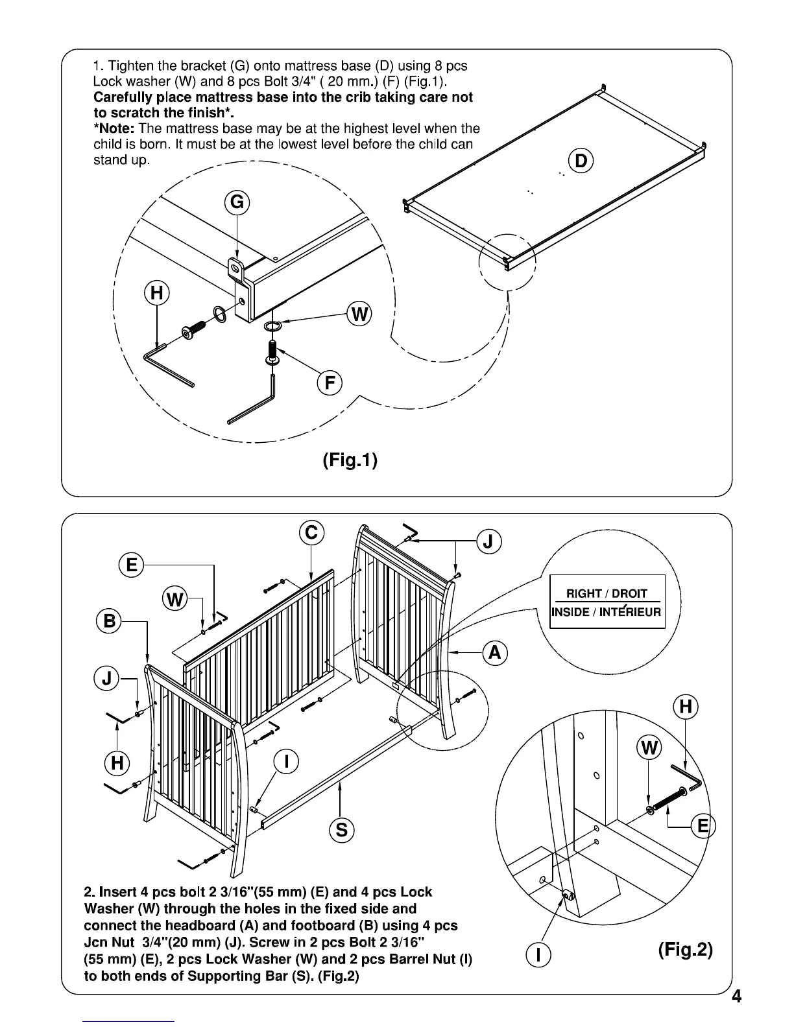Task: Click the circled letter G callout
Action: [237, 203]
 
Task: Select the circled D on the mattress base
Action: [581, 161]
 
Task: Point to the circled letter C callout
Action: [311, 533]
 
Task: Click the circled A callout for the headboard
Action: [494, 652]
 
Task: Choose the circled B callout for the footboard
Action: [109, 622]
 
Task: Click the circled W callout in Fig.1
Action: [359, 315]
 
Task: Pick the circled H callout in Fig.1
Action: [156, 294]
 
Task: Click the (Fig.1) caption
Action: [350, 460]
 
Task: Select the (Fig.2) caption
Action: [685, 950]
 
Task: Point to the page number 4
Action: [736, 1015]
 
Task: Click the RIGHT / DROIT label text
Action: [607, 593]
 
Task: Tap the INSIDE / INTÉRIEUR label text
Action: [607, 612]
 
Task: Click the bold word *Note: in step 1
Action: [114, 128]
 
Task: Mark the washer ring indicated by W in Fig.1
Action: [273, 324]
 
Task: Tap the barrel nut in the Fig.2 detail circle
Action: [569, 895]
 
